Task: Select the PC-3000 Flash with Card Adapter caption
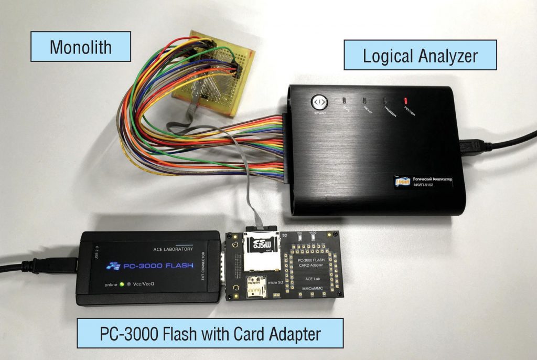tap(210, 333)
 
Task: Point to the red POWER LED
tap(405, 100)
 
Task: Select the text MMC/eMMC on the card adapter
tap(313, 289)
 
